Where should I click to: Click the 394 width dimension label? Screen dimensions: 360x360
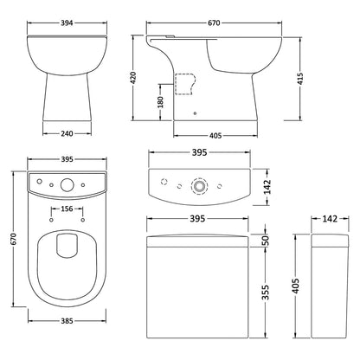67,22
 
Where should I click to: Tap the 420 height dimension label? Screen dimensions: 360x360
133,78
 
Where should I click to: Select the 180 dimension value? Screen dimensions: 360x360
160,102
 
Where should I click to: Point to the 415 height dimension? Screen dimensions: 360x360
300,79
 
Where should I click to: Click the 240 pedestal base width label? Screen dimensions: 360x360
67,133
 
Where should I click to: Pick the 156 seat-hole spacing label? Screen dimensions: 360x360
67,209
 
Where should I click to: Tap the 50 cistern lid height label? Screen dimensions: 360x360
266,241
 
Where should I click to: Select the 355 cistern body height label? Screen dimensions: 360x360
266,292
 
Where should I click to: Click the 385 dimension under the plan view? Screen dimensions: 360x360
67,320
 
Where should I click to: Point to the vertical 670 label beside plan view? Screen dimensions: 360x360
14,239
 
